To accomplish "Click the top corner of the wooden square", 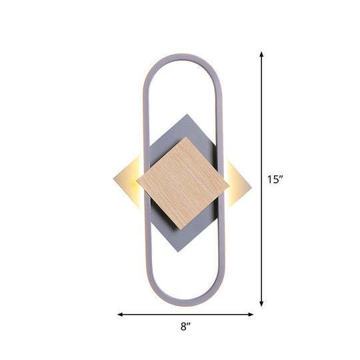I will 187,137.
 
